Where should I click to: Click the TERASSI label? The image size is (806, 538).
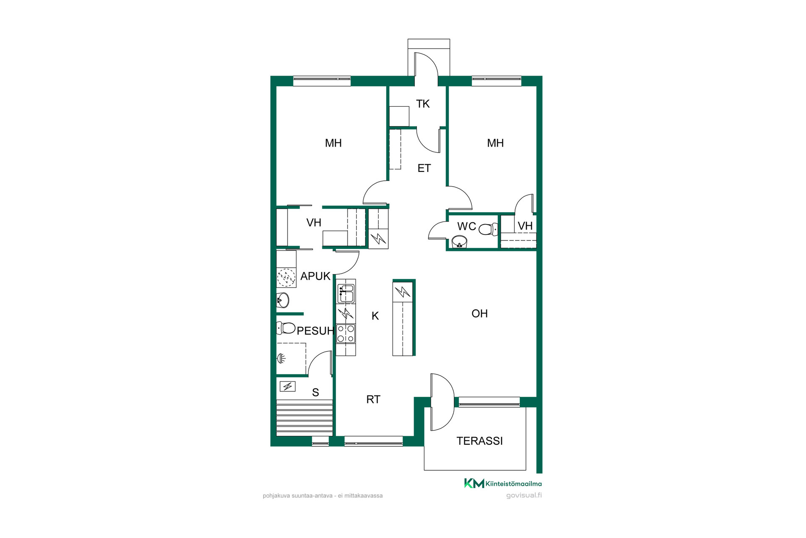click(479, 441)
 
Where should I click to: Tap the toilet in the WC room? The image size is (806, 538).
click(488, 229)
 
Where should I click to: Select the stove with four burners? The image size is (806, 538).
click(346, 334)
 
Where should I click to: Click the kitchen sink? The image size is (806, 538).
click(346, 293)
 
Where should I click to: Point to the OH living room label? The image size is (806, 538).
click(479, 314)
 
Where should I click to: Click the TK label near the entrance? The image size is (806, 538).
click(423, 104)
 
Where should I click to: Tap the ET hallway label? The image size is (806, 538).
click(424, 169)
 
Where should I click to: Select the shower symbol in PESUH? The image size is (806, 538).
click(281, 358)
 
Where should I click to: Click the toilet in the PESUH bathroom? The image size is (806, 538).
click(286, 328)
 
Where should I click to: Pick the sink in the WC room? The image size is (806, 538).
click(459, 242)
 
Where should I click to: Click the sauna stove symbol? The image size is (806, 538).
click(288, 386)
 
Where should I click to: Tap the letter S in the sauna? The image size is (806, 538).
click(316, 393)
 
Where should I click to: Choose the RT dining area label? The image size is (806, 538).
click(373, 400)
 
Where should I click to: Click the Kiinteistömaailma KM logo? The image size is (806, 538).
click(474, 483)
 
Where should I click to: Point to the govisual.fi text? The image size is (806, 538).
click(524, 495)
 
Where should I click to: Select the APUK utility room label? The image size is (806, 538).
click(315, 276)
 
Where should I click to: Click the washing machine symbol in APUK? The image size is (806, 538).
click(286, 278)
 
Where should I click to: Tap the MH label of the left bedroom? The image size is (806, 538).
click(333, 143)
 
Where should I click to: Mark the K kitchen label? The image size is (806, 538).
click(375, 316)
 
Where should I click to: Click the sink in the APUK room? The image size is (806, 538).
click(283, 301)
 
